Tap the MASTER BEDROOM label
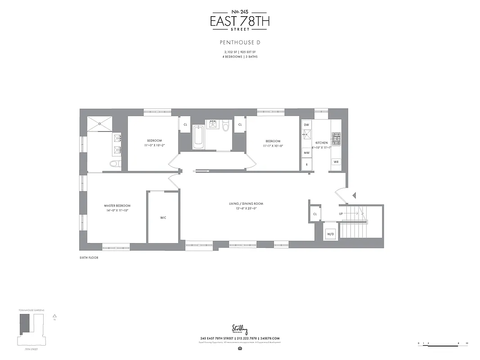117,206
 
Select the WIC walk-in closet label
163,218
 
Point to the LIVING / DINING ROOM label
246,204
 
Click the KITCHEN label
322,143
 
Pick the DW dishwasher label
306,124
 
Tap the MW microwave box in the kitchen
306,153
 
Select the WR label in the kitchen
336,162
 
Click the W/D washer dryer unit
330,234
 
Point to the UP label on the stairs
341,214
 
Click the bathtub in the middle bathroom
198,137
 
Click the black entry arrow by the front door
354,195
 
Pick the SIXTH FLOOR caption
89,258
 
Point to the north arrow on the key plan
54,316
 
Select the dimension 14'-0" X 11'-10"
117,211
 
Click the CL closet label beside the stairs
315,214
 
